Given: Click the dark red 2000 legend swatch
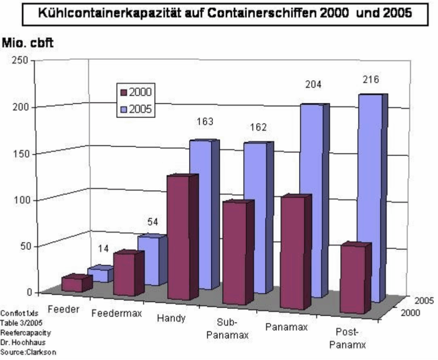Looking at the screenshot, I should pyautogui.click(x=124, y=92).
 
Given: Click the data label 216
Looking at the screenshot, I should pyautogui.click(x=370, y=80).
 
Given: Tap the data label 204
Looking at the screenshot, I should pyautogui.click(x=313, y=84).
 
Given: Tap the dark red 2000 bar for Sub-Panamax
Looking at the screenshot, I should pyautogui.click(x=234, y=253).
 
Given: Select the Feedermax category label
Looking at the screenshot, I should pyautogui.click(x=117, y=313).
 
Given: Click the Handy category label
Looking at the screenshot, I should pyautogui.click(x=171, y=318).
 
